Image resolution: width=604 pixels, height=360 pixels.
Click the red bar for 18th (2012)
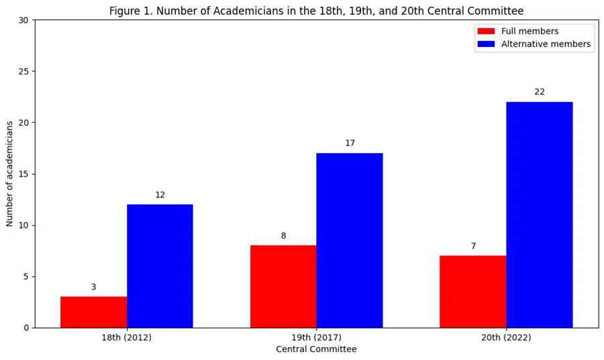pos(93,312)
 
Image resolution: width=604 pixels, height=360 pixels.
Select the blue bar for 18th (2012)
pos(160,266)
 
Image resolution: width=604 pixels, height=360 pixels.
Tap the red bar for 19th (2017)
pos(283,286)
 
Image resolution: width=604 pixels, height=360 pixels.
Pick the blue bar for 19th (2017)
pos(350,240)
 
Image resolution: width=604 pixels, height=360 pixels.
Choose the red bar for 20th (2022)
pos(472,291)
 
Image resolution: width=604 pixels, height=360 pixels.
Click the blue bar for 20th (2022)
pos(539,215)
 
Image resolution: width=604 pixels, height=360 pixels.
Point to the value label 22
pos(540,92)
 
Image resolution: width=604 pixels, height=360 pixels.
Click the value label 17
pos(350,143)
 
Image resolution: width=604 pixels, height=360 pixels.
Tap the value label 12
pos(160,195)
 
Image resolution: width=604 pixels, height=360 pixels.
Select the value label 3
pos(93,287)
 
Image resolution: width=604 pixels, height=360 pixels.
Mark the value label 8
pos(283,236)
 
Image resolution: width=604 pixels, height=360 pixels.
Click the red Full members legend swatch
pos(485,32)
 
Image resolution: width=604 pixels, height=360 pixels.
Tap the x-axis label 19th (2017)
pos(316,338)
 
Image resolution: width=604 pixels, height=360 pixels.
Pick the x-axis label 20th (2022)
pos(506,338)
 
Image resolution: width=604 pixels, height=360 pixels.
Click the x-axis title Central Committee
pos(316,349)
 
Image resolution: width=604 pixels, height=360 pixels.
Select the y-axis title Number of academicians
pos(10,174)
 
